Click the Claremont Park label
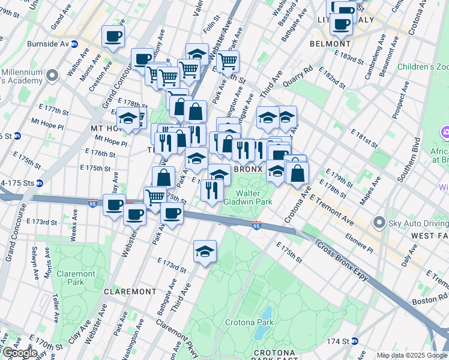[x=76, y=278]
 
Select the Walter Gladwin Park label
[x=255, y=197]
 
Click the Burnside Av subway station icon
[x=74, y=44]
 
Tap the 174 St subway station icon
[x=355, y=341]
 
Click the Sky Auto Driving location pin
[x=378, y=223]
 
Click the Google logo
[x=20, y=353]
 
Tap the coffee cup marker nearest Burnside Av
[x=112, y=37]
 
